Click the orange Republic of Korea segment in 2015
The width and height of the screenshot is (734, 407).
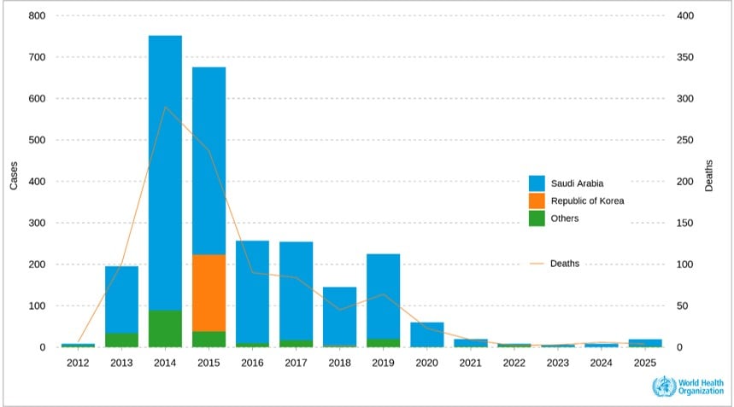click(x=208, y=293)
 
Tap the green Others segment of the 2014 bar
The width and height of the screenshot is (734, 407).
click(x=165, y=329)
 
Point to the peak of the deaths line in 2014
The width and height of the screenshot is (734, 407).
click(x=165, y=108)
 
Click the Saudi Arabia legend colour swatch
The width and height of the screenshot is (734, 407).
click(x=537, y=183)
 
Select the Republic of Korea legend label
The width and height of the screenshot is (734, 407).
click(x=587, y=201)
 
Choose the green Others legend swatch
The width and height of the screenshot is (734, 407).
click(x=537, y=218)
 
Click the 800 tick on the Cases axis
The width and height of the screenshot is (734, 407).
click(x=36, y=16)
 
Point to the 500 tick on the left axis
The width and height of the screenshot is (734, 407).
click(x=36, y=140)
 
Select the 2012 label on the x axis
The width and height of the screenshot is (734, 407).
click(x=78, y=363)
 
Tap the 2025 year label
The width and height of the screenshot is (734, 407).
click(x=644, y=363)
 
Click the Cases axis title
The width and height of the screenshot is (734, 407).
click(x=14, y=181)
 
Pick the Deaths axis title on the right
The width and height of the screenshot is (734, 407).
click(x=708, y=181)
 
